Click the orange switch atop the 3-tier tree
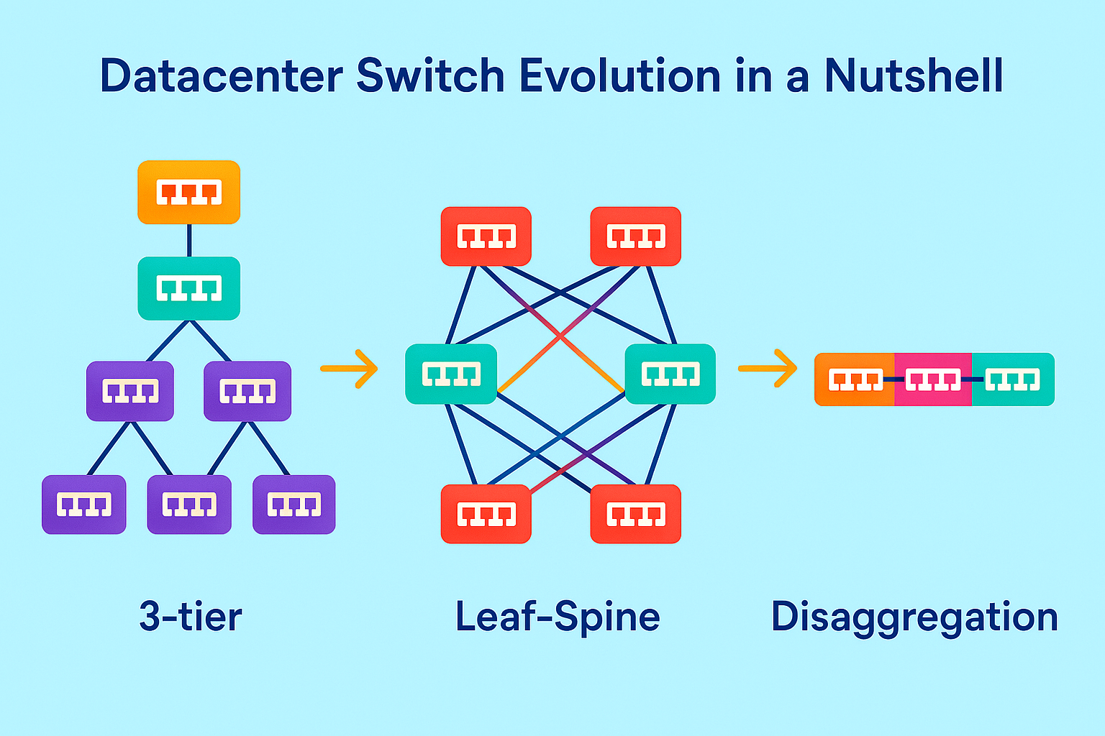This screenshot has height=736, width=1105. pos(188,192)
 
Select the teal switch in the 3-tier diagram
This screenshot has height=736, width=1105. pos(188,288)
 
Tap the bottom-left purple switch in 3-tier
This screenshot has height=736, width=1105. pos(84,505)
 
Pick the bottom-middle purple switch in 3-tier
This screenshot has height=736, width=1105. pos(189,505)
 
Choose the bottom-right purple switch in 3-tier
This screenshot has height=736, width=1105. pos(294,505)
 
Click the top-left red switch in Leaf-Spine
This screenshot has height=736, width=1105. pos(486,236)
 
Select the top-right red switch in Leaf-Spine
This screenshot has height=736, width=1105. pos(636,236)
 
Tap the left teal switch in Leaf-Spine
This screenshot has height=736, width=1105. pos(451,374)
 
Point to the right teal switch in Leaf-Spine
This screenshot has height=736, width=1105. pos(670,374)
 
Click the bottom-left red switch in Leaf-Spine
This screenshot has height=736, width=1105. pos(486,514)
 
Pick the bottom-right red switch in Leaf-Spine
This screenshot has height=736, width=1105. pos(636,514)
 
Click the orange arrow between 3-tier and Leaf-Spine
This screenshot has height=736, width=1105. pos(350,369)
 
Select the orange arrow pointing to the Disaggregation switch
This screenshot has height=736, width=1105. pos(768,369)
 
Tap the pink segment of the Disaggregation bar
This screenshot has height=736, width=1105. pos(933,379)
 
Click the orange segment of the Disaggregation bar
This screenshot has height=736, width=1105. pos(855,379)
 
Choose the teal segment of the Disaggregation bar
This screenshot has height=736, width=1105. pos(1013,379)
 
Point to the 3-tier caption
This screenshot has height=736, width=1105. pos(191,617)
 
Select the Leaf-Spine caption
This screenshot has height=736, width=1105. pos(558,617)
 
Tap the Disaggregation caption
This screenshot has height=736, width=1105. pos(914,617)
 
